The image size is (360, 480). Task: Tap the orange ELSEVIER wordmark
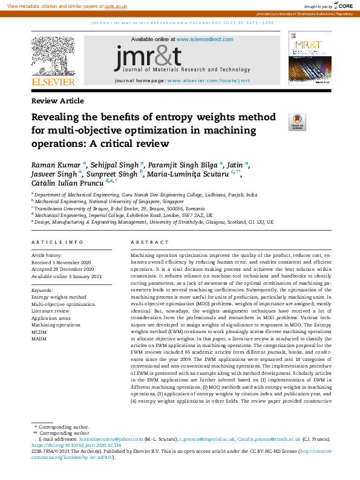[x=54, y=82]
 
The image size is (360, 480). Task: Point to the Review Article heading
[x=57, y=101]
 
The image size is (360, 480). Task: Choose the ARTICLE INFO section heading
[x=57, y=242]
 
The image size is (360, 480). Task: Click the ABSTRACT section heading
[x=145, y=242]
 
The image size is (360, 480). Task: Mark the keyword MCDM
[x=39, y=332]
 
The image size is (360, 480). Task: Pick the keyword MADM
[x=39, y=339]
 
